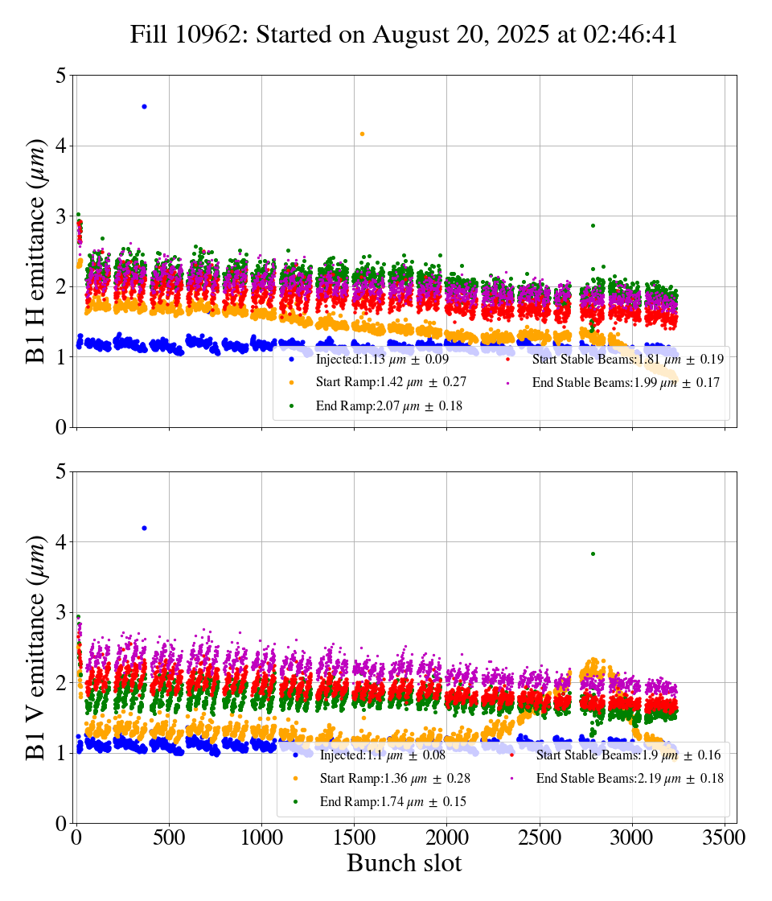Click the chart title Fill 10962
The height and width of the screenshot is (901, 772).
pyautogui.click(x=404, y=35)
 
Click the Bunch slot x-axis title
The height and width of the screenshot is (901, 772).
pyautogui.click(x=404, y=864)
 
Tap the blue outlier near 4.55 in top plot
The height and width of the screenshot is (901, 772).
pyautogui.click(x=144, y=106)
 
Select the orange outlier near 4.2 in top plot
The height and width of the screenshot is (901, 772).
pyautogui.click(x=362, y=134)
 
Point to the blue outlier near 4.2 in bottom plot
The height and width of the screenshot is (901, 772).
pyautogui.click(x=144, y=528)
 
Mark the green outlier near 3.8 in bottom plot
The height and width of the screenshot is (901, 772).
pyautogui.click(x=593, y=553)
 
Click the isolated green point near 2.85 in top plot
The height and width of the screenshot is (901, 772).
pyautogui.click(x=593, y=225)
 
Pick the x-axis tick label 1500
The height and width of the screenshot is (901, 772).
pyautogui.click(x=355, y=837)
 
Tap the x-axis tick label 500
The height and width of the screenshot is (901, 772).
pyautogui.click(x=170, y=837)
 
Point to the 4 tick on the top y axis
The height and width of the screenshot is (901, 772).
pyautogui.click(x=61, y=146)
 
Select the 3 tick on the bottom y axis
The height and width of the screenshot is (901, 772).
pyautogui.click(x=61, y=612)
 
